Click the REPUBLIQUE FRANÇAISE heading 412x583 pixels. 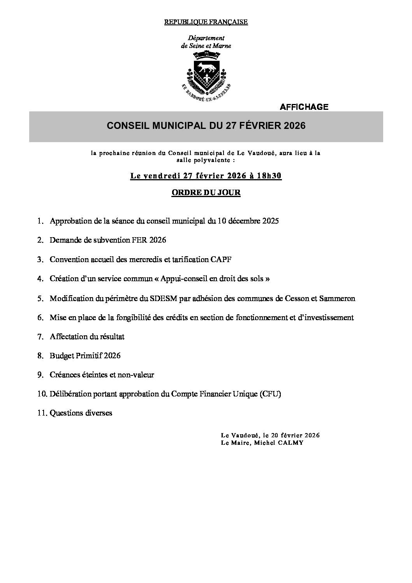point(206,22)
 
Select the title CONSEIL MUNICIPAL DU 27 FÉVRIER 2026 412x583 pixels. point(206,126)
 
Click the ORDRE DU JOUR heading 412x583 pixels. point(206,193)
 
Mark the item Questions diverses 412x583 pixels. point(81,413)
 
